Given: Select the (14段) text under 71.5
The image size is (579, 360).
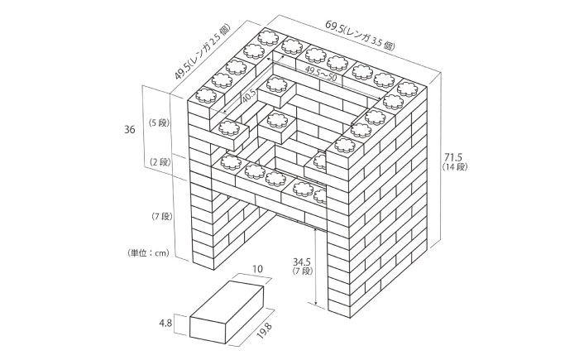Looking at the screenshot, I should pyautogui.click(x=452, y=168).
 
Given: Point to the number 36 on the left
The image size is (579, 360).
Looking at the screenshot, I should pyautogui.click(x=129, y=130).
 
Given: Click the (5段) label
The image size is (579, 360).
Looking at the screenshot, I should pyautogui.click(x=158, y=122).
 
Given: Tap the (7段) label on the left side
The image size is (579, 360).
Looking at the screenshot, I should pyautogui.click(x=160, y=217).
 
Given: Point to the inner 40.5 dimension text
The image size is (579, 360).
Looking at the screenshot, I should pyautogui.click(x=248, y=97).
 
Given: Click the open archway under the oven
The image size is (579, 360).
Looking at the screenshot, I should pyautogui.click(x=285, y=248).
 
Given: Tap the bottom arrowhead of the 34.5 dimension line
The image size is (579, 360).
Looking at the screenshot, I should pyautogui.click(x=317, y=302).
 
